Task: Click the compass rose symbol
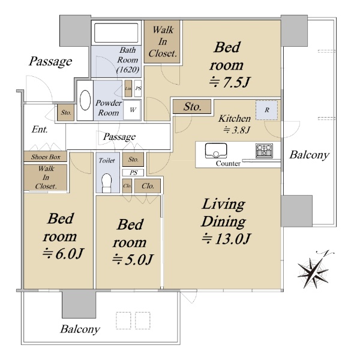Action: click(x=313, y=271)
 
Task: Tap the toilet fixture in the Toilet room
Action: click(x=106, y=182)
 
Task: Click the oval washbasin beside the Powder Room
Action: click(x=85, y=100)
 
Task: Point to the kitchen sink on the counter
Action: click(x=216, y=151)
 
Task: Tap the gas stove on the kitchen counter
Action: click(x=264, y=151)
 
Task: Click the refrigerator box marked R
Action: click(x=267, y=110)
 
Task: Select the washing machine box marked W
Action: click(x=132, y=110)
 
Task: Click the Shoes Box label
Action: click(x=46, y=157)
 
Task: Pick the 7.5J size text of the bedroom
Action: click(x=229, y=82)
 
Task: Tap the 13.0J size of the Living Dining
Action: click(x=226, y=239)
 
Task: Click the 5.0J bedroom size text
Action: click(x=133, y=259)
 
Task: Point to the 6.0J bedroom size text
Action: click(x=63, y=253)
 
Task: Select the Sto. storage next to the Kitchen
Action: click(x=192, y=107)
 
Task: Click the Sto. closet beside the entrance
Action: click(x=65, y=113)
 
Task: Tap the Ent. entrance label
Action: click(x=40, y=130)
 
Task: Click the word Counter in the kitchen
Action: click(x=228, y=163)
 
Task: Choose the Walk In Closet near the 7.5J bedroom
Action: click(x=162, y=42)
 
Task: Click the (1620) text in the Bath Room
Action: click(x=128, y=70)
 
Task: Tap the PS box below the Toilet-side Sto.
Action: click(x=133, y=173)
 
